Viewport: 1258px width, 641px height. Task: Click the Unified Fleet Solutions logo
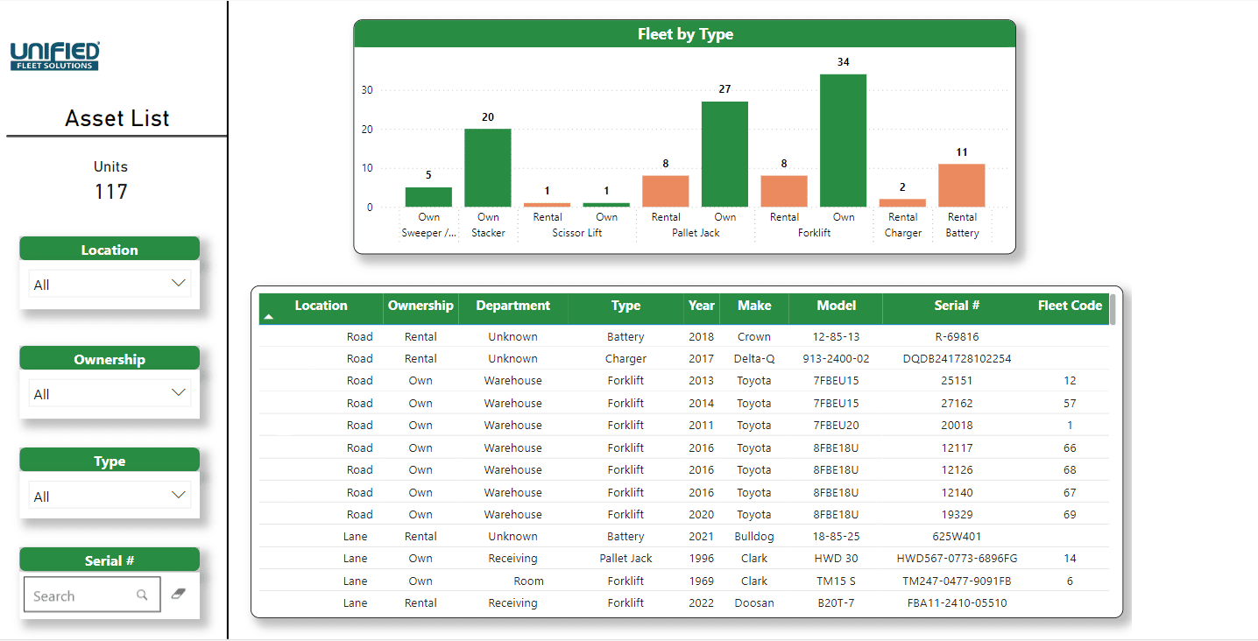pyautogui.click(x=55, y=55)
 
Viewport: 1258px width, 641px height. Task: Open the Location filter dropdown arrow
pyautogui.click(x=178, y=284)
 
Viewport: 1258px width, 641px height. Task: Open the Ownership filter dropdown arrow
pyautogui.click(x=178, y=393)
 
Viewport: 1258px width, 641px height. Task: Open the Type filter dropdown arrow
pyautogui.click(x=178, y=495)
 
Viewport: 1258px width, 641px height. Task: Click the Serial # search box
pyautogui.click(x=92, y=595)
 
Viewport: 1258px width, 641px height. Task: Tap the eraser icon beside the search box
pyautogui.click(x=179, y=594)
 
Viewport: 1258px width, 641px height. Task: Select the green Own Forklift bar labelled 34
pyautogui.click(x=843, y=140)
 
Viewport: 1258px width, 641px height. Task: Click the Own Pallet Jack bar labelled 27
pyautogui.click(x=724, y=154)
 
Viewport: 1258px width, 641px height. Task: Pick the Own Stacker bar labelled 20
pyautogui.click(x=487, y=168)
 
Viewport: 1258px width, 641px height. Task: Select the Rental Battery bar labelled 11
pyautogui.click(x=962, y=186)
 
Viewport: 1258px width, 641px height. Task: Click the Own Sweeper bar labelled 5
pyautogui.click(x=428, y=197)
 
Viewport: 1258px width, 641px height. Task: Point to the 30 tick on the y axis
pyautogui.click(x=367, y=90)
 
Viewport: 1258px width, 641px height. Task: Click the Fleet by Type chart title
pyautogui.click(x=685, y=34)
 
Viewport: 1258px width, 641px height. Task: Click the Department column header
pyautogui.click(x=512, y=306)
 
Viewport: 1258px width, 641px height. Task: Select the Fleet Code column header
pyautogui.click(x=1070, y=306)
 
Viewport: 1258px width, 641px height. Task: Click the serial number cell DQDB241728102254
pyautogui.click(x=957, y=359)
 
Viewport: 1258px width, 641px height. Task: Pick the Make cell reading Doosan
pyautogui.click(x=754, y=602)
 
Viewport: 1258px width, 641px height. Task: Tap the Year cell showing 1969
pyautogui.click(x=702, y=581)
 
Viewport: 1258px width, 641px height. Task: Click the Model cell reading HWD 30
pyautogui.click(x=837, y=559)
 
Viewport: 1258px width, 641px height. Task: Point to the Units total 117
pyautogui.click(x=111, y=192)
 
